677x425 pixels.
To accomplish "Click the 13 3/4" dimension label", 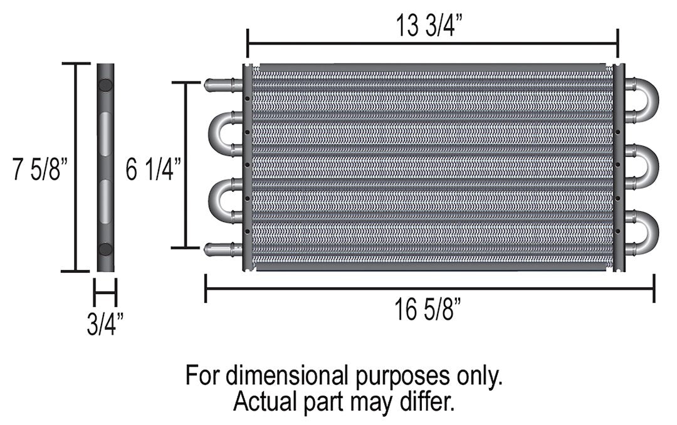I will point(433,27).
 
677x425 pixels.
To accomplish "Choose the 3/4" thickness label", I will point(105,325).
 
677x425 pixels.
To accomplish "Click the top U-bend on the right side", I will point(644,100).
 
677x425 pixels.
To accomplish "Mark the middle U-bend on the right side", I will point(644,166).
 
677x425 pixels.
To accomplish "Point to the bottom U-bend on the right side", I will point(644,232).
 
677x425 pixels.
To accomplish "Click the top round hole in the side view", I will point(105,85).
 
